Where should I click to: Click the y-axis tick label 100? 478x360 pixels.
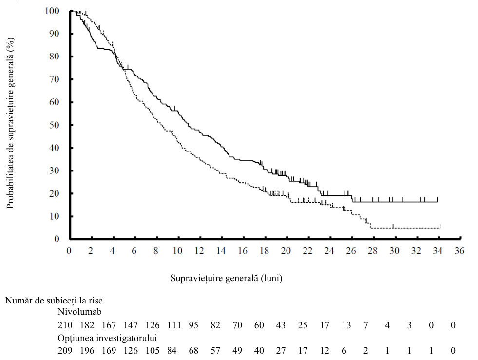point(52,11)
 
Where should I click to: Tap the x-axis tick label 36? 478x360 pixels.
point(459,251)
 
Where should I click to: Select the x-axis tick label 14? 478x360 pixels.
point(221,251)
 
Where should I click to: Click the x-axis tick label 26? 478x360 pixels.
point(351,251)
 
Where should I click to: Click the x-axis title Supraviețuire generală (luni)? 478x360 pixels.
point(226,278)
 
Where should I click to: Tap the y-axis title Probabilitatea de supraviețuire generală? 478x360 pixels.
point(10,123)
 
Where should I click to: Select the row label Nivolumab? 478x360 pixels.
point(79,312)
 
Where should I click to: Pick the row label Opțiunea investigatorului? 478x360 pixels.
point(107,338)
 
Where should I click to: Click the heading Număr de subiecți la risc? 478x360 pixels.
point(54,301)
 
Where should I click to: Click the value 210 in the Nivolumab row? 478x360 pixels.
point(65,325)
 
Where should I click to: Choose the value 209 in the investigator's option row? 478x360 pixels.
point(65,351)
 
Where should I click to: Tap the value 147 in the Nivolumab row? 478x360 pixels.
point(131,325)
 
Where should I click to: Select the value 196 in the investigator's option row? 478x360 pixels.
point(87,351)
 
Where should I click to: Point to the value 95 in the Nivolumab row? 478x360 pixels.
point(193,325)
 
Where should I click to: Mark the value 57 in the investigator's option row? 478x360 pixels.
point(215,351)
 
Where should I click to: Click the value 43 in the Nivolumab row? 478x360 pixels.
point(281,325)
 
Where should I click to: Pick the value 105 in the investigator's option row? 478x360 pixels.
point(153,351)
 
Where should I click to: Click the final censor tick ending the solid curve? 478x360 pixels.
point(437,200)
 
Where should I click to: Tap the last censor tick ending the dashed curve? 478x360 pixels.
point(440,226)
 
